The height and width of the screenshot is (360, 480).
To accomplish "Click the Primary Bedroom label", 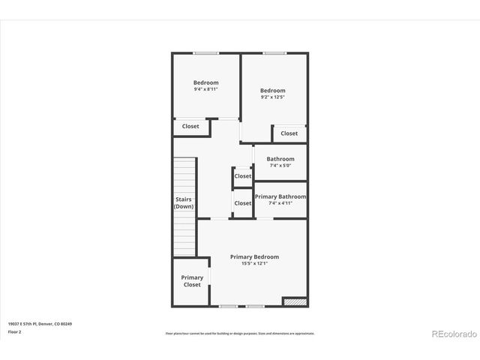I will tap(254, 256).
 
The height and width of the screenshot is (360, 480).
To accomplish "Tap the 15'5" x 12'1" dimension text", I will tap(254, 263).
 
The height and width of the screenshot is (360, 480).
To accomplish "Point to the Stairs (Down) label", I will tap(184, 202).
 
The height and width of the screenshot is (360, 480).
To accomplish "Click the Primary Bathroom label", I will tap(280, 196).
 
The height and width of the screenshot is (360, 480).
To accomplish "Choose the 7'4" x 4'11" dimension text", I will tap(280, 203).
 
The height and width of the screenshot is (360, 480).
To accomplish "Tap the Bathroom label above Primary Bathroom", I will tap(280, 159).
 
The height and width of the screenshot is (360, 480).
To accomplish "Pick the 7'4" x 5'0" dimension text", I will tap(280, 166).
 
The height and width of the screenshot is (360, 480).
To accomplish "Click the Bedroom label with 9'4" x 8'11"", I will tap(205, 82).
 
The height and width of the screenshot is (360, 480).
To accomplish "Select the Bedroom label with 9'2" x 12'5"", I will tap(273, 90).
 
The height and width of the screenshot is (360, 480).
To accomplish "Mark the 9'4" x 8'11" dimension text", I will tap(205, 89).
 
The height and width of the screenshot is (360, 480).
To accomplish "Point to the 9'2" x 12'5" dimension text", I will tap(273, 97).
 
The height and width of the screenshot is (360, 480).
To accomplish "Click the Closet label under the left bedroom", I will tap(190, 126).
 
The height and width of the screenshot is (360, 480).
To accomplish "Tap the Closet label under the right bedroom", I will tap(289, 133).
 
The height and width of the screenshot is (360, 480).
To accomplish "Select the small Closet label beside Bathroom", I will tap(243, 176).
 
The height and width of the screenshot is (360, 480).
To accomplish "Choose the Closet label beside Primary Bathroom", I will tap(243, 203).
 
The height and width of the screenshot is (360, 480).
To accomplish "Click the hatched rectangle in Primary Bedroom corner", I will tap(295, 301).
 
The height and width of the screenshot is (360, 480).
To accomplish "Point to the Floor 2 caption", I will tap(15, 331).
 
